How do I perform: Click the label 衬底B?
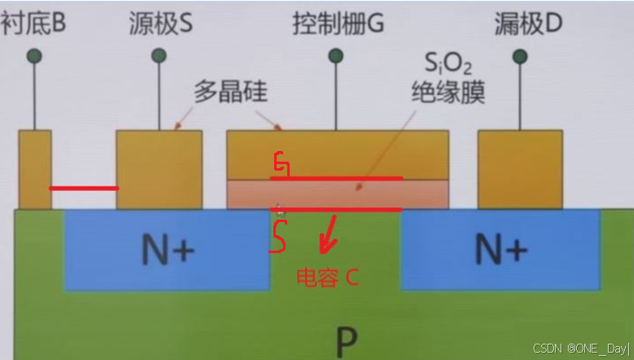[33, 24]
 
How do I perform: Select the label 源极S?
[161, 24]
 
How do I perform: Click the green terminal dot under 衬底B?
[34, 56]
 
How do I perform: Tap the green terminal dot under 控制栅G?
[335, 56]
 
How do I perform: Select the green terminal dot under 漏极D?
[520, 56]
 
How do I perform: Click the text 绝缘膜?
[448, 92]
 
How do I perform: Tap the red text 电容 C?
[326, 278]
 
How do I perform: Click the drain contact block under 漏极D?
[520, 169]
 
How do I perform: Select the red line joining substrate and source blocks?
[84, 189]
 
